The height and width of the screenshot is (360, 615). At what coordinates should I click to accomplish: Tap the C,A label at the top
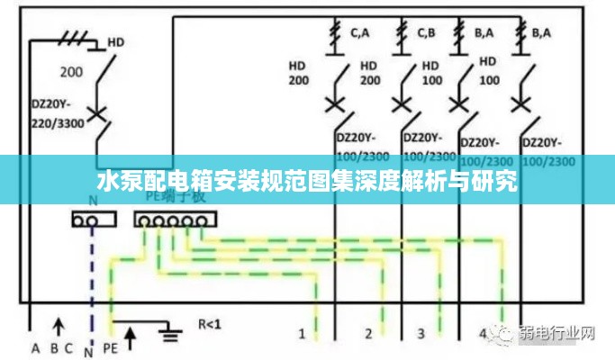coord(360,33)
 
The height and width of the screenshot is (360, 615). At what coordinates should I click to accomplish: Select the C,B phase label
coord(427,33)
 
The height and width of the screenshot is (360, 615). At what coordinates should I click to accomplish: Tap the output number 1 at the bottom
coord(303,334)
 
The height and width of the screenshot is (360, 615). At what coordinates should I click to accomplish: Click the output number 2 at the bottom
coord(368,334)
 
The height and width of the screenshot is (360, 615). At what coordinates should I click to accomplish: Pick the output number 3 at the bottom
coord(421,334)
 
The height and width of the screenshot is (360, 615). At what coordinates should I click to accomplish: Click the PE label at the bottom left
coord(111,348)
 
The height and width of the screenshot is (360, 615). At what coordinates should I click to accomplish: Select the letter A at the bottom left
coord(36,348)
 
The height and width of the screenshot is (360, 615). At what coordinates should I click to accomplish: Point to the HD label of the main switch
coord(116,41)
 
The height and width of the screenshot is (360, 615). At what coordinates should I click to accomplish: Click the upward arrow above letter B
coord(59,324)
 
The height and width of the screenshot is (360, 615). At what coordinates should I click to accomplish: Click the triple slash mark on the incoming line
coord(73,37)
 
